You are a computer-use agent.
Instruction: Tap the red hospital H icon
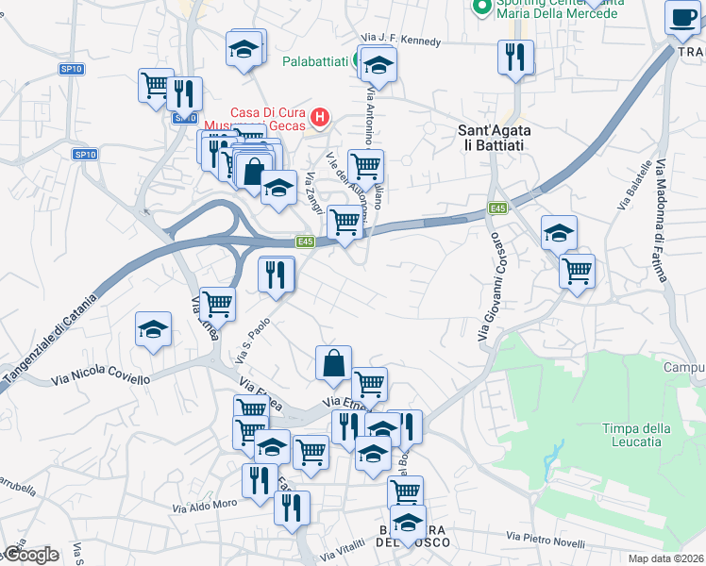point(320,118)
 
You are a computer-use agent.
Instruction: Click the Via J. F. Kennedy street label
point(400,41)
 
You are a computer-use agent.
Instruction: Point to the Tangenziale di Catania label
point(48,341)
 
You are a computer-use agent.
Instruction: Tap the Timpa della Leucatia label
point(637,435)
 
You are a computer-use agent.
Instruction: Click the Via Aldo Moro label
point(204,506)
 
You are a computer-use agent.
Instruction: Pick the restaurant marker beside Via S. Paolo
point(277,275)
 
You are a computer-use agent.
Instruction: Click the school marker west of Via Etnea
point(153,329)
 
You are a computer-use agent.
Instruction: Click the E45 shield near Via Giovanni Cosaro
point(498,208)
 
